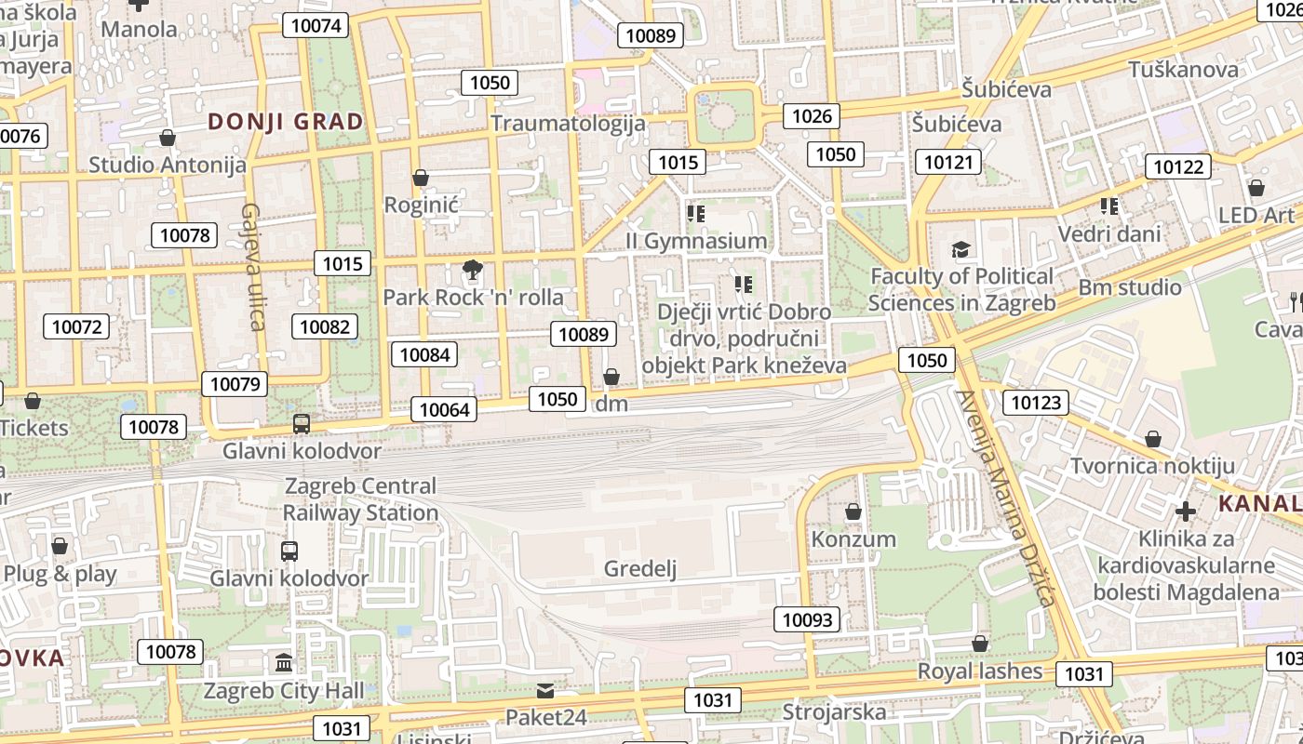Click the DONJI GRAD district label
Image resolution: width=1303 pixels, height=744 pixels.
(286, 122)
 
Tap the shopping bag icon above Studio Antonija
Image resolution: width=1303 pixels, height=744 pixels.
(168, 139)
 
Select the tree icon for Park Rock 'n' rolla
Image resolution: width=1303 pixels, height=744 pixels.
(473, 271)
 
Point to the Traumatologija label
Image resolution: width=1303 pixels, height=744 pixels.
(568, 123)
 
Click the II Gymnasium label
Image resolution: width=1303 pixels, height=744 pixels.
(696, 241)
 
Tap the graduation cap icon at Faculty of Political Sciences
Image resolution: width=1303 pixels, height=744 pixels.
(960, 249)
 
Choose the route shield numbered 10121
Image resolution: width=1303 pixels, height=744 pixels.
(948, 163)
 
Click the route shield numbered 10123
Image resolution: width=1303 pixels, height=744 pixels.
(1035, 403)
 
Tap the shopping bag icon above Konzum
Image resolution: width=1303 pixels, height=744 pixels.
(853, 511)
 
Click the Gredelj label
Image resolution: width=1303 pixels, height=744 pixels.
(640, 569)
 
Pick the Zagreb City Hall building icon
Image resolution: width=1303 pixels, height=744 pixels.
(284, 663)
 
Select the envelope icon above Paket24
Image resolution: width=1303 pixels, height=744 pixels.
(545, 691)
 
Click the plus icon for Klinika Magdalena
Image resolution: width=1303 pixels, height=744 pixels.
(1185, 511)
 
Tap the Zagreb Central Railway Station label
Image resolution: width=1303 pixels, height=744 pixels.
(360, 499)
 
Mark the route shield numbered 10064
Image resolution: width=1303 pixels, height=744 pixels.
(445, 409)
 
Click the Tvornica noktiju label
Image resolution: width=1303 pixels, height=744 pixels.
(1152, 466)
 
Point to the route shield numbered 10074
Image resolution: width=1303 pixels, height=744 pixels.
(316, 25)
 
